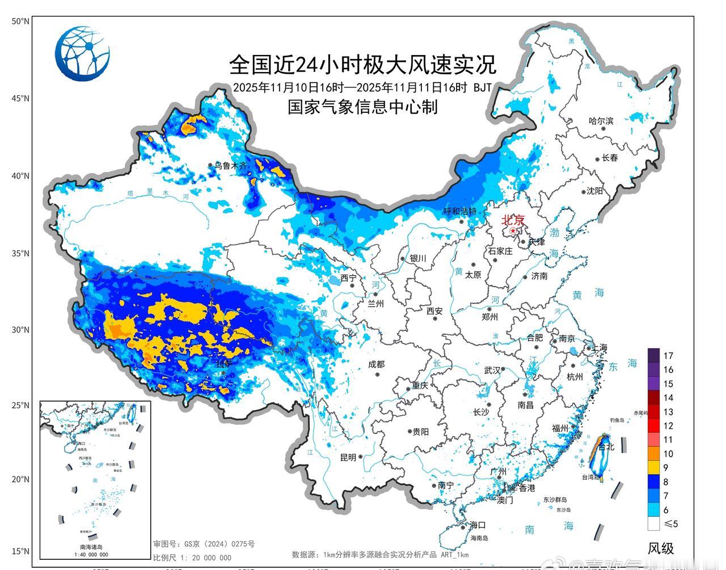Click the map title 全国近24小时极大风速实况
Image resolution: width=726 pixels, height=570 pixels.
click(x=362, y=65)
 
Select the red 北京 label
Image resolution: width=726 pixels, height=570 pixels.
click(x=512, y=220)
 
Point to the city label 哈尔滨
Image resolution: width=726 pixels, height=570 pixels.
click(x=601, y=121)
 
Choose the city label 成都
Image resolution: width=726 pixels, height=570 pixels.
click(x=375, y=365)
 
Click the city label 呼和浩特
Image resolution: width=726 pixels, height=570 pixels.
click(x=459, y=211)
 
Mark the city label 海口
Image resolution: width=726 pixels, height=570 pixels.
click(x=478, y=525)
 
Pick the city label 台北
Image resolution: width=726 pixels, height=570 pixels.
click(x=606, y=446)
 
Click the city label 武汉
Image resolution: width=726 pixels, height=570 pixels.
click(x=492, y=370)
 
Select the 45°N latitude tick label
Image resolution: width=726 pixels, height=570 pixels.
click(x=20, y=99)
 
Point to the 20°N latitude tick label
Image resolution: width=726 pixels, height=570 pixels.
click(x=20, y=479)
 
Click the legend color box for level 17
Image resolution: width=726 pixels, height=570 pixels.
click(x=653, y=356)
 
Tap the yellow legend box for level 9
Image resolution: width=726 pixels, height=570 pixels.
click(x=653, y=467)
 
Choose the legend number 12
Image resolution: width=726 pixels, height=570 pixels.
click(x=668, y=425)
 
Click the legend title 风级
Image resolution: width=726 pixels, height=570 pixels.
click(x=661, y=548)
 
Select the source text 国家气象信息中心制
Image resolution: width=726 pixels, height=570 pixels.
click(x=362, y=107)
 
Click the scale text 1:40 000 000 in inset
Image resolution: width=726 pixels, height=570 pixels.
click(x=91, y=554)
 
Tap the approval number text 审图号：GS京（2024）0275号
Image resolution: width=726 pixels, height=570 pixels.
click(x=204, y=544)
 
